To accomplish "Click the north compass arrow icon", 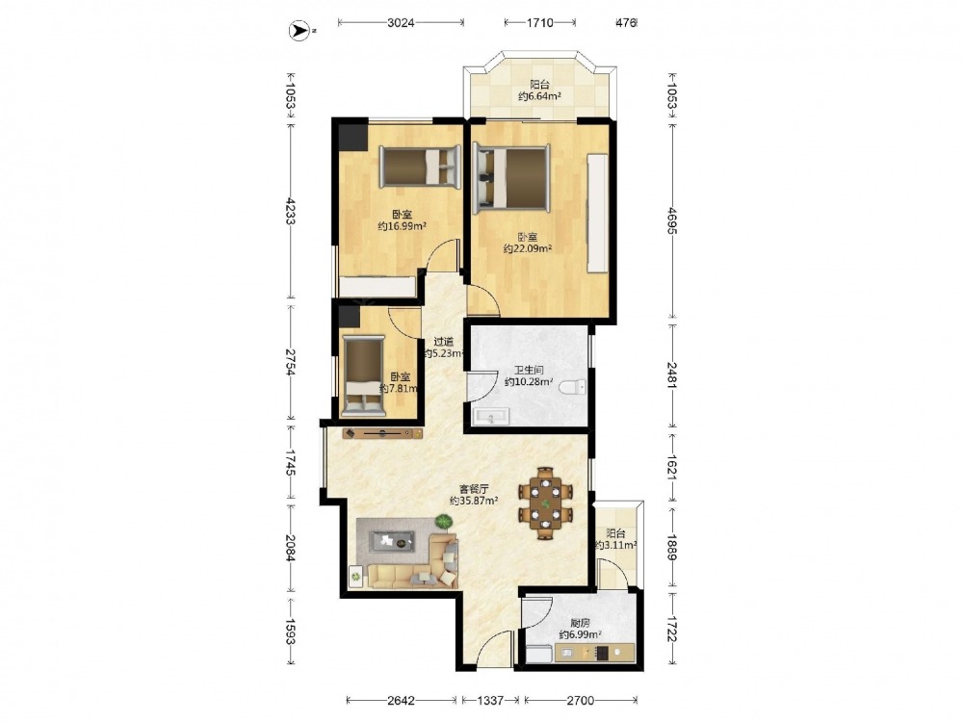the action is click(x=299, y=30).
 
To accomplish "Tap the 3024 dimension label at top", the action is click(x=401, y=23).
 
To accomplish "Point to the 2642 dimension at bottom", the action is click(x=402, y=700).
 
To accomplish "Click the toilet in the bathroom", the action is click(x=572, y=387).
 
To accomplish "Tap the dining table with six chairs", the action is click(x=546, y=503).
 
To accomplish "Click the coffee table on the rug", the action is click(x=391, y=541).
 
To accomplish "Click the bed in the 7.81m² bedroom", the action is click(x=364, y=375).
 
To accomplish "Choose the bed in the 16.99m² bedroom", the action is click(x=420, y=167).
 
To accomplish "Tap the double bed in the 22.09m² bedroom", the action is click(x=511, y=176).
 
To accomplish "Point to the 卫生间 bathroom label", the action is click(x=529, y=371).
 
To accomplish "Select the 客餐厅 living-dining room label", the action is click(x=474, y=489).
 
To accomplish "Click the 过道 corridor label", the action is click(x=443, y=342).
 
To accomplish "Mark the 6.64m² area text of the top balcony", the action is click(x=540, y=96).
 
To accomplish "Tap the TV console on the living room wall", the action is click(x=382, y=433).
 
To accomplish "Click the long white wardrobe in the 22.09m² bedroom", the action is click(x=598, y=213).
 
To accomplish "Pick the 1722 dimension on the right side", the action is click(x=671, y=629).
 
